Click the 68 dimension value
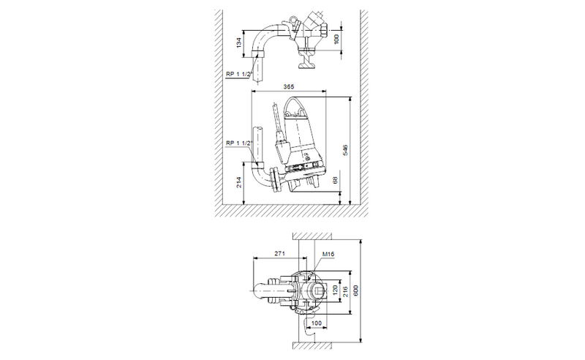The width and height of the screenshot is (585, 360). point(336,179)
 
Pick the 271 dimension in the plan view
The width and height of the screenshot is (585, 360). point(277,253)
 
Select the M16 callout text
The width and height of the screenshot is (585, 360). point(328,253)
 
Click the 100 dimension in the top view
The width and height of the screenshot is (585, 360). point(336,37)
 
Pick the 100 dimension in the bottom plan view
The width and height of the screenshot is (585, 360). point(317,322)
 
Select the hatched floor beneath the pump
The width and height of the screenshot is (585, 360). point(292,211)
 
